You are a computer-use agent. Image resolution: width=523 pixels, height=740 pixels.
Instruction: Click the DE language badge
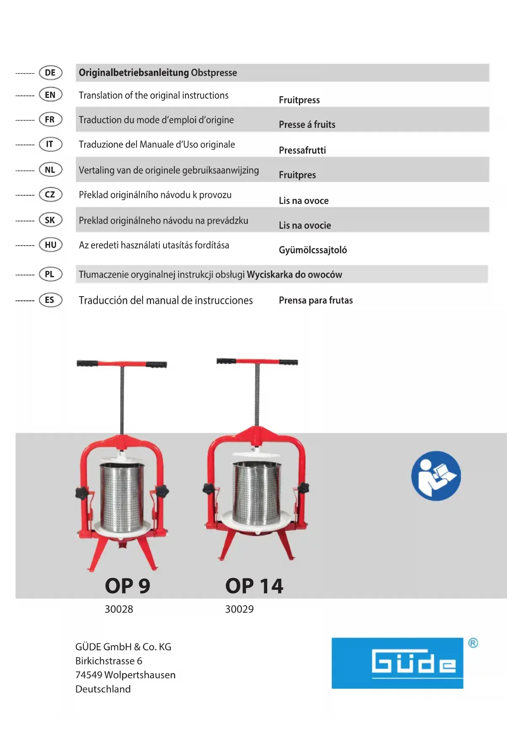pyautogui.click(x=50, y=73)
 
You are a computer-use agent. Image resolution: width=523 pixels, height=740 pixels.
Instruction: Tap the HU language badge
pyautogui.click(x=50, y=245)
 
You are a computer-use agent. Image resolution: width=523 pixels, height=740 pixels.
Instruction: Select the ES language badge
pyautogui.click(x=50, y=300)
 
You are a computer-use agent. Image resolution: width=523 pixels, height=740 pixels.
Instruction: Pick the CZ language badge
pyautogui.click(x=50, y=194)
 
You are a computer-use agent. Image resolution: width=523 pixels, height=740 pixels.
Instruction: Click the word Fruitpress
pyautogui.click(x=299, y=100)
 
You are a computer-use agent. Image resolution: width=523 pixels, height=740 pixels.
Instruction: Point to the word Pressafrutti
pyautogui.click(x=302, y=150)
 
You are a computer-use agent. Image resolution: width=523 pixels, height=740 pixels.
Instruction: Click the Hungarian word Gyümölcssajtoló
pyautogui.click(x=313, y=250)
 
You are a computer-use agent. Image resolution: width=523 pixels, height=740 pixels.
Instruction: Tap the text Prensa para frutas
pyautogui.click(x=316, y=300)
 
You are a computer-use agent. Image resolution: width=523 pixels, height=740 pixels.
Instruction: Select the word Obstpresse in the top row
pyautogui.click(x=214, y=73)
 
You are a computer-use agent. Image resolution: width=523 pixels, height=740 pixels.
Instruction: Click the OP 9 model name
pyautogui.click(x=127, y=586)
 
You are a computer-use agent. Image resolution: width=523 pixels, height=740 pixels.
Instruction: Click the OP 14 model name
pyautogui.click(x=254, y=586)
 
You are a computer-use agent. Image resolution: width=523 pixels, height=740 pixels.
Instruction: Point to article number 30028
pyautogui.click(x=119, y=609)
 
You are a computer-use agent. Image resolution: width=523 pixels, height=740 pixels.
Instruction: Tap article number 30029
pyautogui.click(x=239, y=609)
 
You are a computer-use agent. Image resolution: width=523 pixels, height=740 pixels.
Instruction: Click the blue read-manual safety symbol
pyautogui.click(x=436, y=476)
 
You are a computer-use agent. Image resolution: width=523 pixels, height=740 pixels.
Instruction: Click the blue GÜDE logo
pyautogui.click(x=397, y=663)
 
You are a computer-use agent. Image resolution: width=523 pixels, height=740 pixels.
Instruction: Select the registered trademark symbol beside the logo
pyautogui.click(x=473, y=643)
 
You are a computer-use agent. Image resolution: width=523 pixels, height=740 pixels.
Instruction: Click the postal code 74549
pyautogui.click(x=89, y=675)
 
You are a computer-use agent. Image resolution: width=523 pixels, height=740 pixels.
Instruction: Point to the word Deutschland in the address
pyautogui.click(x=103, y=689)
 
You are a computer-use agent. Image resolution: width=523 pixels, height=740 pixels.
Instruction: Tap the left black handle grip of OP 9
pyautogui.click(x=88, y=363)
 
